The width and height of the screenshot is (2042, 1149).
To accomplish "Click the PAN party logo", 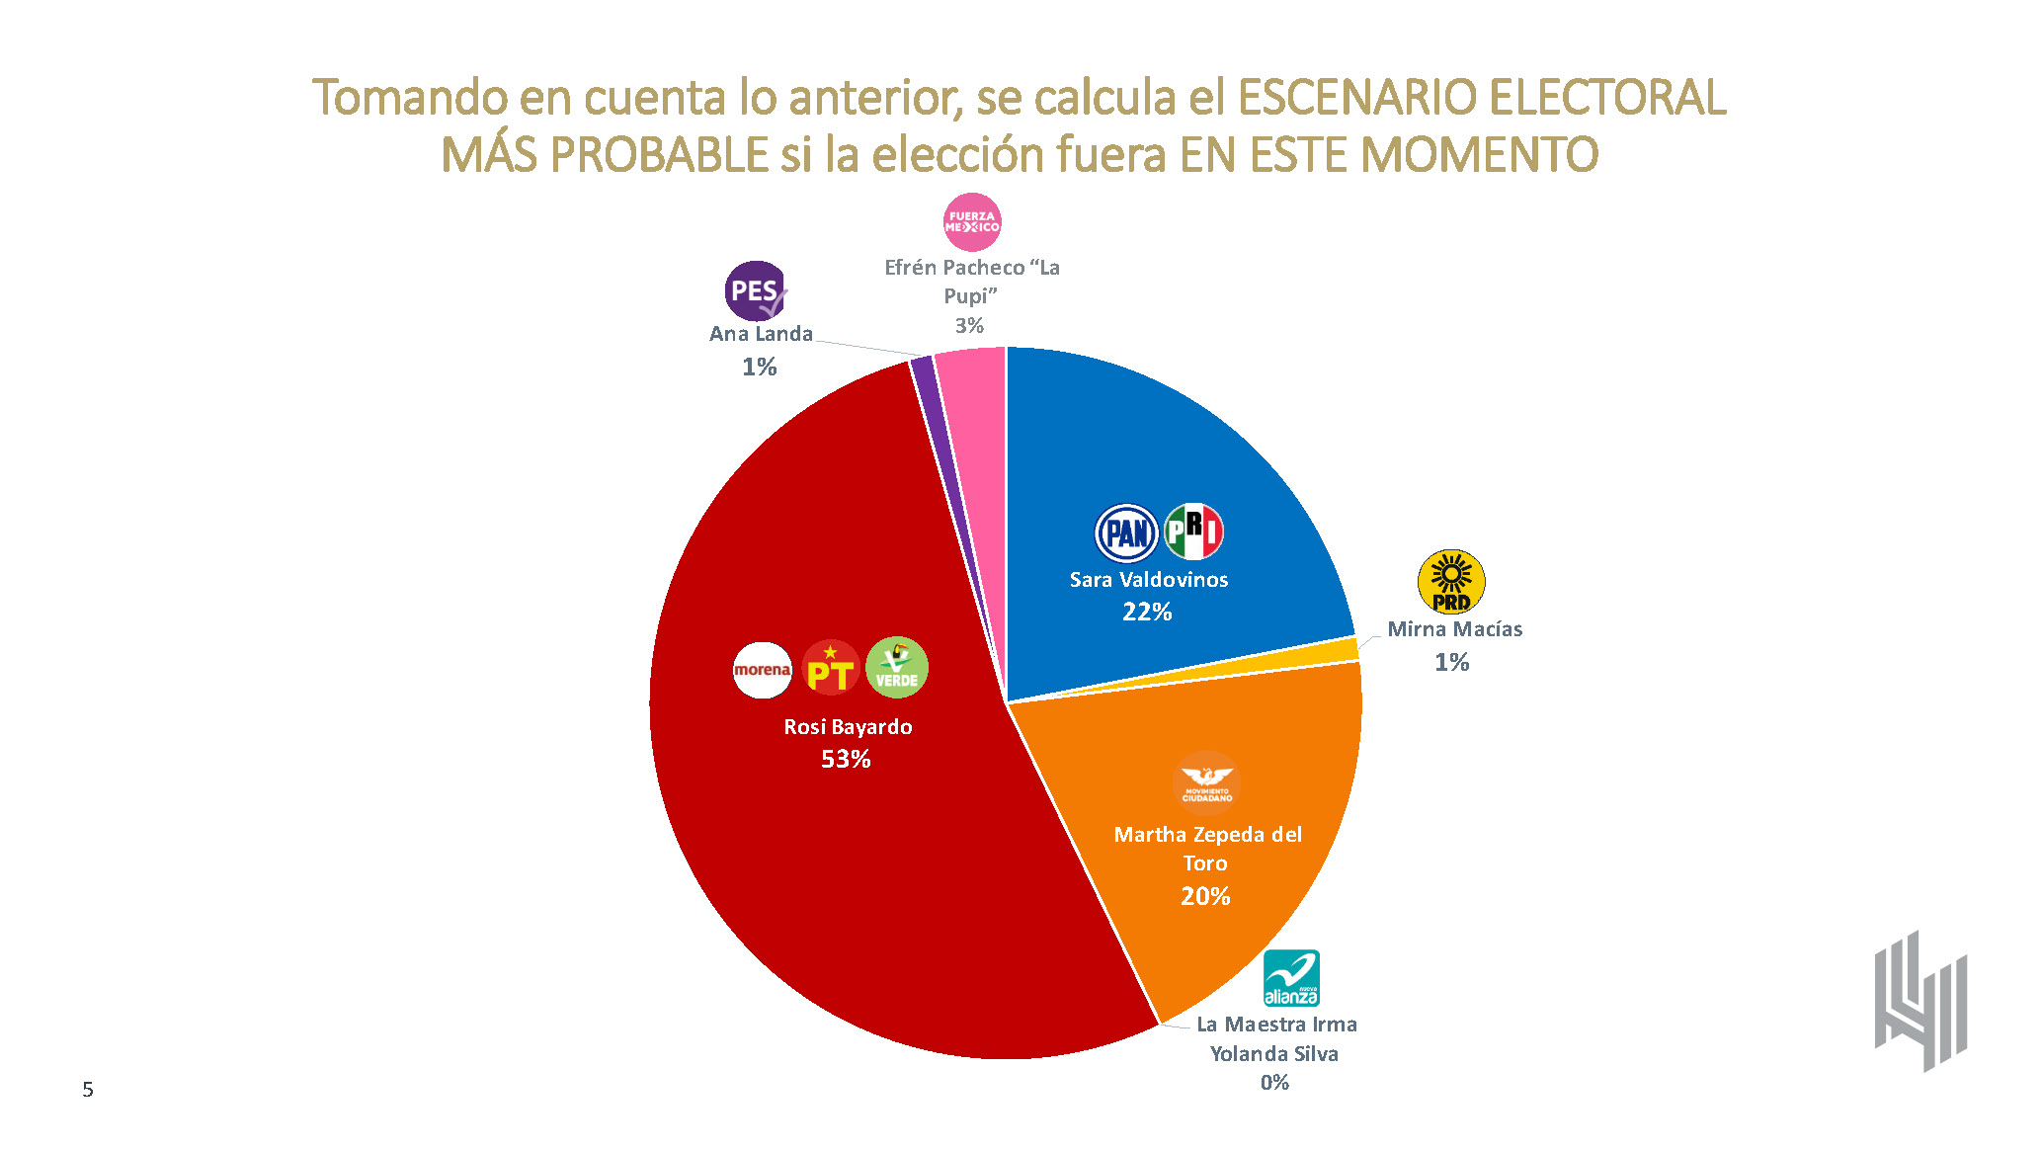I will [1126, 533].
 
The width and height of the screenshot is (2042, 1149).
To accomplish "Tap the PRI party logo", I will [1193, 532].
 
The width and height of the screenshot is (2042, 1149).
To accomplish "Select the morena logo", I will [762, 670].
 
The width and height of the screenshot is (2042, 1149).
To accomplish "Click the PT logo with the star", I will [830, 669].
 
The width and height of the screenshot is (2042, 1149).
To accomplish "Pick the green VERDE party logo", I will [897, 668].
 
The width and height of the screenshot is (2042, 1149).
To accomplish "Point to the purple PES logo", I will [756, 291].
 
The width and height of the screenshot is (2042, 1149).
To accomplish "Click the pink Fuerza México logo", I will [972, 222].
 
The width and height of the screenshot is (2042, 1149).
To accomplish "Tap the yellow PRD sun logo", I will [1450, 582].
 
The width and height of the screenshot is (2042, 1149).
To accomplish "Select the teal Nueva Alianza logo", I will [1291, 978].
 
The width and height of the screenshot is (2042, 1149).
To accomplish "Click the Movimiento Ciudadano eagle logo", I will [1206, 782].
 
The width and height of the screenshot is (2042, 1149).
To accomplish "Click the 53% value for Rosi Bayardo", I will [846, 759].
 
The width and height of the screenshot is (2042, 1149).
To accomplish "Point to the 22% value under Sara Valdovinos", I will [1147, 613].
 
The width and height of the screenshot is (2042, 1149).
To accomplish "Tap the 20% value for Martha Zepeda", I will [1205, 896].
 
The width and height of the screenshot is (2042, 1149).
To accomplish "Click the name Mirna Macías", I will [1454, 629].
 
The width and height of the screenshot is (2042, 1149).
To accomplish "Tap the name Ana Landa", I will [761, 334].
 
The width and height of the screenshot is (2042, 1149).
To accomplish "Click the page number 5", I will [88, 1090].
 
